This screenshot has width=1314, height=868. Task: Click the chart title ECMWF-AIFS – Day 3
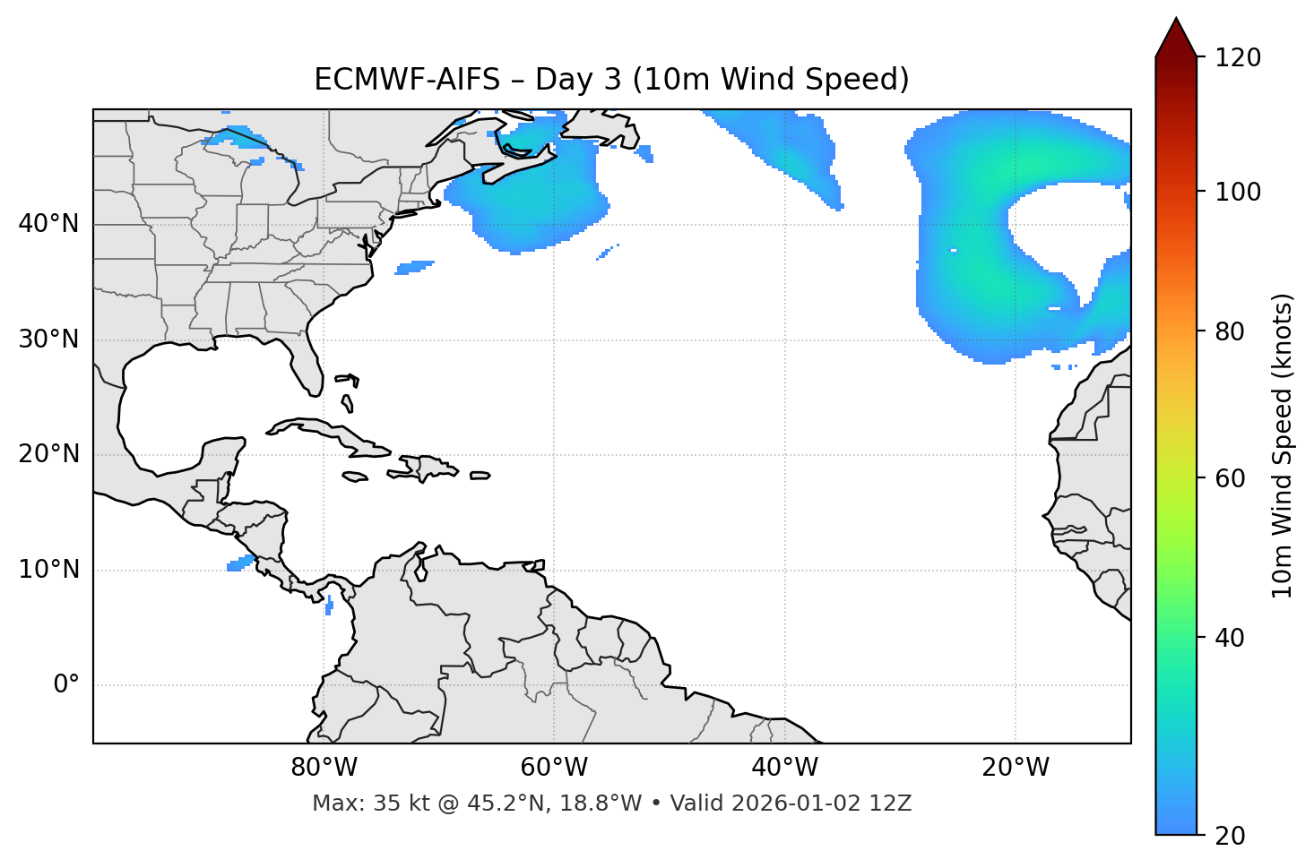[611, 80]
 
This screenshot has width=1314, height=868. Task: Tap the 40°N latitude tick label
[48, 224]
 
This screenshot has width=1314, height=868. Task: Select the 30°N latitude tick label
[48, 339]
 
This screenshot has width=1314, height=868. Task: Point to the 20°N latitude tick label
[48, 454]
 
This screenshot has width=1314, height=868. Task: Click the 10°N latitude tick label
[48, 570]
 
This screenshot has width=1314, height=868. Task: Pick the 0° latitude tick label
[66, 685]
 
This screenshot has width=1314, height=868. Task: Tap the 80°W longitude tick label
[324, 768]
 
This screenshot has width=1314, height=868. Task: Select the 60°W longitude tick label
[554, 768]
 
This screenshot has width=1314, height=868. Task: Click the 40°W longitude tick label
[784, 768]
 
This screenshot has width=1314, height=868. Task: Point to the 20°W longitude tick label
[1016, 768]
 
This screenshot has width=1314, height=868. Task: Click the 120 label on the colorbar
[1238, 57]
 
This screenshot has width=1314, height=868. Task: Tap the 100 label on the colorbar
[1238, 192]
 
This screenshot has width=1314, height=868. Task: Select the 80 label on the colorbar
[1229, 331]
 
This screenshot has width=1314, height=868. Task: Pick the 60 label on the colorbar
[1229, 478]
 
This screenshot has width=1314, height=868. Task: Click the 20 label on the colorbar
[1229, 836]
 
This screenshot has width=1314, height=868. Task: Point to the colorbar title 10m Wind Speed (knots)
[1283, 445]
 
